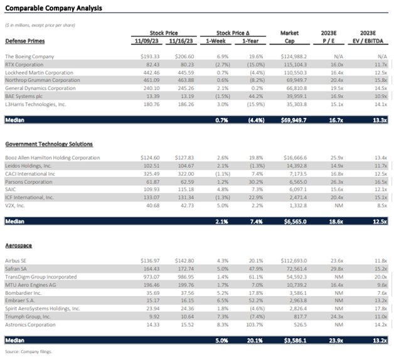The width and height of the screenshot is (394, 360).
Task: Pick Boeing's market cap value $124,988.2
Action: (x=290, y=56)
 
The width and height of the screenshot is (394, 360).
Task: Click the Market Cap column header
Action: (x=289, y=36)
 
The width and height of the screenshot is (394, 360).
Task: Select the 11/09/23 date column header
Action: (x=147, y=41)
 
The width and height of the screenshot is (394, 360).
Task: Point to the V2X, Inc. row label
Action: (x=18, y=205)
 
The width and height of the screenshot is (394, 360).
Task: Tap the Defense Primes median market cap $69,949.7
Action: (x=289, y=117)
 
